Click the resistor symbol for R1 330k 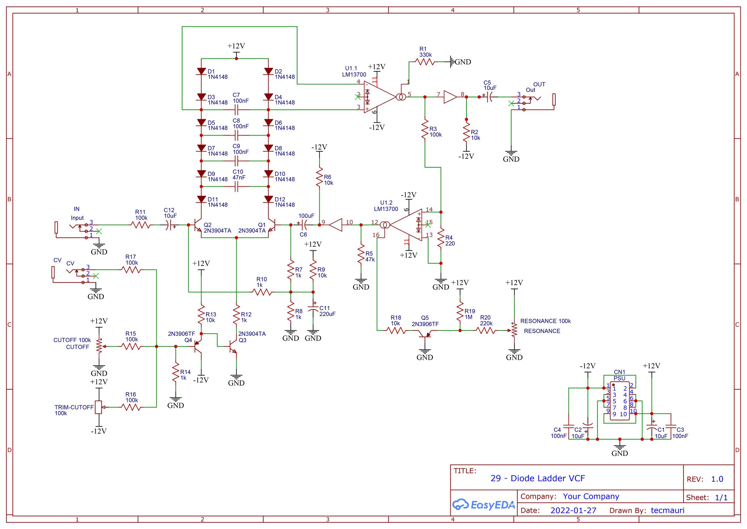(425, 62)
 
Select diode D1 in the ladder (201, 71)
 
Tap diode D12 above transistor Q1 (268, 199)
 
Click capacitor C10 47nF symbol (237, 187)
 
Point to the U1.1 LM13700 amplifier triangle (379, 97)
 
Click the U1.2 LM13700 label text (386, 206)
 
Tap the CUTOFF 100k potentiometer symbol (99, 346)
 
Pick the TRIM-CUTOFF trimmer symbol (99, 407)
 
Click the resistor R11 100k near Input (141, 225)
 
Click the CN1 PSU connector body (619, 401)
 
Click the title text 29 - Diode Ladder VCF (538, 478)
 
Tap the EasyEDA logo (484, 505)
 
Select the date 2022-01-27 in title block (573, 510)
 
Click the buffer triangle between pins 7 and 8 (450, 97)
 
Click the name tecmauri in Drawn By (667, 510)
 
